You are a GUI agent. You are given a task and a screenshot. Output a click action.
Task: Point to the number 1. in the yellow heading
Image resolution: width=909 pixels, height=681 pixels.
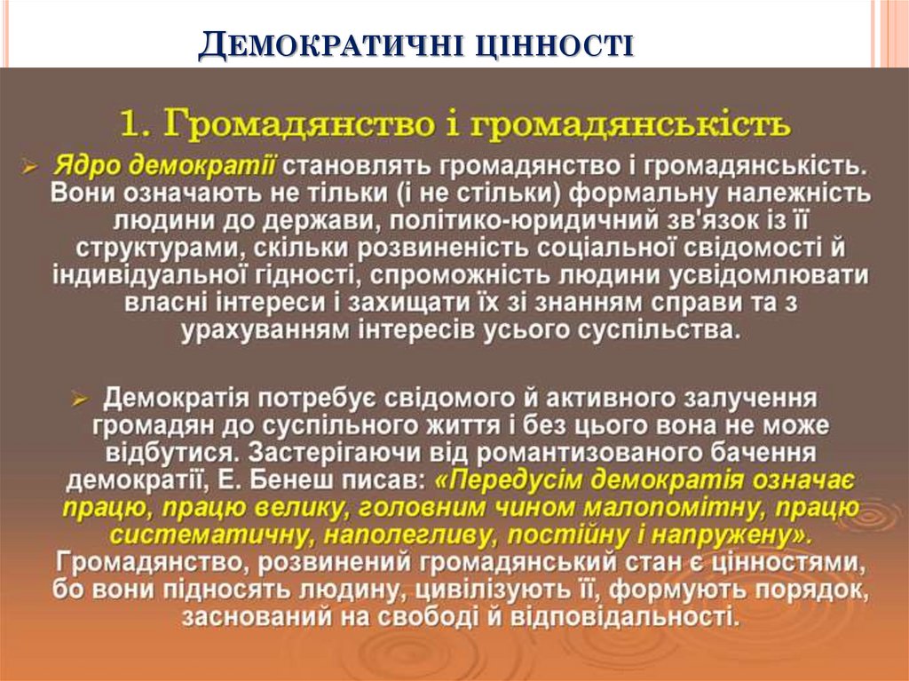pyautogui.click(x=140, y=124)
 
